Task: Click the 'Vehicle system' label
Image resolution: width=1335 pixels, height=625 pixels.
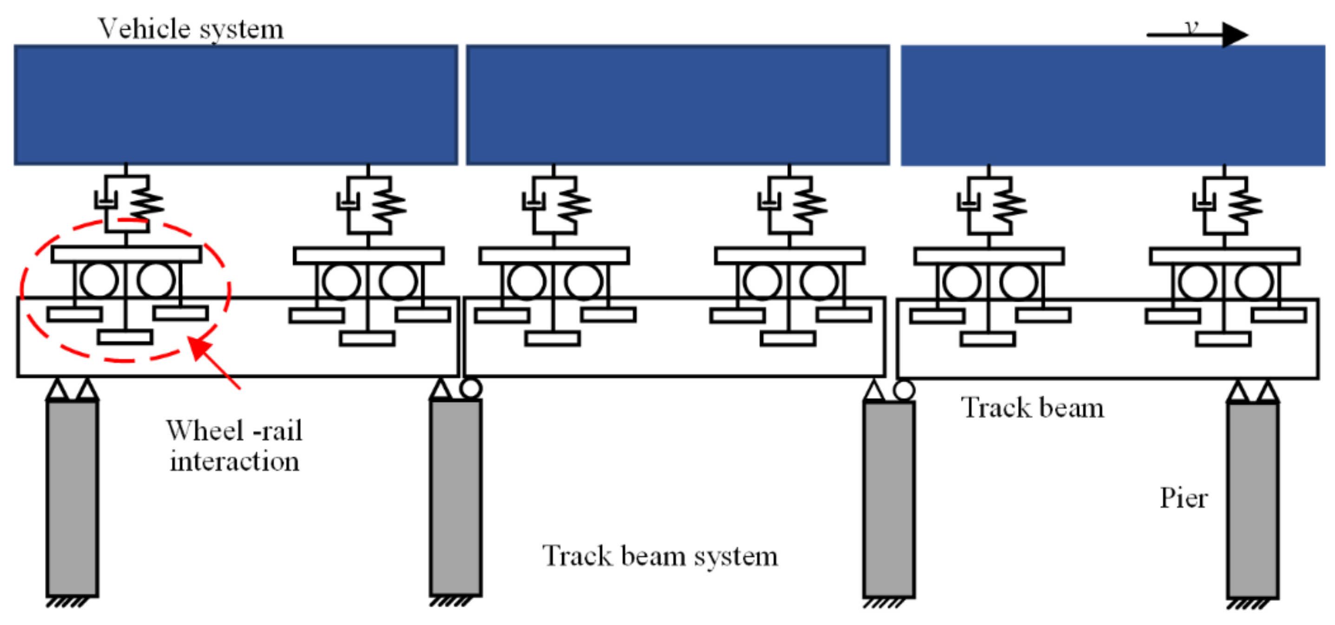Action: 191,28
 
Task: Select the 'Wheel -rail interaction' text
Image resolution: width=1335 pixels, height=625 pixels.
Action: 234,446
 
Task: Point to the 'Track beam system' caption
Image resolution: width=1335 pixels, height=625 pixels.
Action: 660,556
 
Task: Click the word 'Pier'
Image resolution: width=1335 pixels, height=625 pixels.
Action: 1183,498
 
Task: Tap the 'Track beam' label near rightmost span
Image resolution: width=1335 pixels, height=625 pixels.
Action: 1032,408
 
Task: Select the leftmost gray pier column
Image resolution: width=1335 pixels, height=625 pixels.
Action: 72,498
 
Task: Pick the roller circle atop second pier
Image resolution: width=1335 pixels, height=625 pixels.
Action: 471,388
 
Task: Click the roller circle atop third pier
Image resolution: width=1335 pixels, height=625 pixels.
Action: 904,390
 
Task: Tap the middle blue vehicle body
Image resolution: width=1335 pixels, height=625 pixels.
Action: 677,105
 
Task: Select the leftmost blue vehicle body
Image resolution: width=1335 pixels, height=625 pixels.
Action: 236,105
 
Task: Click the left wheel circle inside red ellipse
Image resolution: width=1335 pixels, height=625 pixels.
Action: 99,280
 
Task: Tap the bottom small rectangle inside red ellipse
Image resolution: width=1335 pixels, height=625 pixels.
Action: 125,337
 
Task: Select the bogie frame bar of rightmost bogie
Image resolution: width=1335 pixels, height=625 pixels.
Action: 1224,256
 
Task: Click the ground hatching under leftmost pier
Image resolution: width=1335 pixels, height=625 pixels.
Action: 66,603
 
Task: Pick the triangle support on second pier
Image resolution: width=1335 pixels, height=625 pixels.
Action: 441,390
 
